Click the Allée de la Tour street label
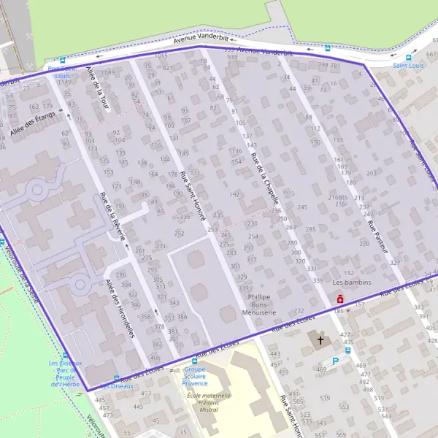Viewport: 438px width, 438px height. (x=96, y=88)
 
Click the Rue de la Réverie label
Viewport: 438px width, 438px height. (x=112, y=215)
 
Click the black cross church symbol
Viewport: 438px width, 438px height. (x=318, y=340)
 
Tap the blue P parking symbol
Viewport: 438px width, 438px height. (x=336, y=361)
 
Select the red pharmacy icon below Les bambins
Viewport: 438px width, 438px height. (x=340, y=299)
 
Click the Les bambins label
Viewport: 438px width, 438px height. (x=352, y=283)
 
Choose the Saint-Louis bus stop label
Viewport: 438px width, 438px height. (x=408, y=66)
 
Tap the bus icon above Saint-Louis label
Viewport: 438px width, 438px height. (x=408, y=56)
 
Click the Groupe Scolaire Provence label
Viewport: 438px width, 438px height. (x=194, y=377)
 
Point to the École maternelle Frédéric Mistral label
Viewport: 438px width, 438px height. (x=208, y=403)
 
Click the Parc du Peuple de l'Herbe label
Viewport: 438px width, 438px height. (x=66, y=374)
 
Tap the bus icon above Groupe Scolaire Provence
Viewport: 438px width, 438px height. (x=194, y=361)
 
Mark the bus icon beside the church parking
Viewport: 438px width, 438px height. (x=347, y=350)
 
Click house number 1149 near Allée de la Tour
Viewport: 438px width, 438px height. (x=64, y=82)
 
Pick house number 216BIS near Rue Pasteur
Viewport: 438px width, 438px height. (x=337, y=197)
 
